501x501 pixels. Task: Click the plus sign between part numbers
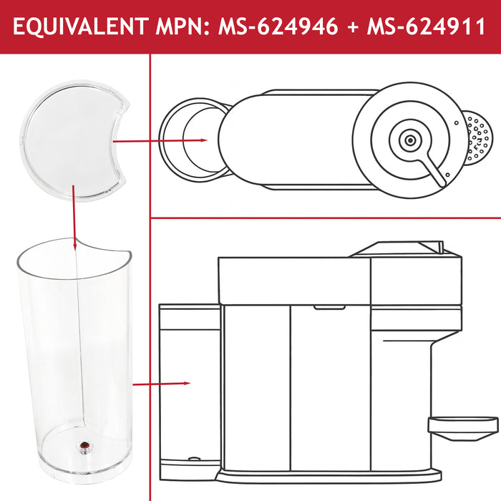[x=352, y=26]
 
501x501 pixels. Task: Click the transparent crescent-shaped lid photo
[x=73, y=140]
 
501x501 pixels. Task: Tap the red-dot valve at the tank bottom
[x=84, y=445]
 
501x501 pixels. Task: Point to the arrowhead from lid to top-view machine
[x=204, y=140]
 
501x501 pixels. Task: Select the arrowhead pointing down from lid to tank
[x=75, y=246]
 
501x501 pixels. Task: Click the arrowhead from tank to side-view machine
[x=187, y=383]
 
